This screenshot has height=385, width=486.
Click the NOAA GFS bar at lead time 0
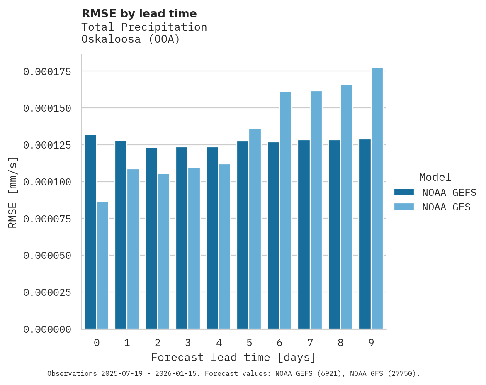tap(102, 265)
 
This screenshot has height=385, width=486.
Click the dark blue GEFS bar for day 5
tap(243, 235)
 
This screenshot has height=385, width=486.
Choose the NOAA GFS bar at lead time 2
tap(163, 251)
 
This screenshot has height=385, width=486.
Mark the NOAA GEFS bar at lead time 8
tap(334, 234)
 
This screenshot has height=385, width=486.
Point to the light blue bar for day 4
tap(224, 246)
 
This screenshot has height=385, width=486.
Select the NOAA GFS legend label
tap(446, 207)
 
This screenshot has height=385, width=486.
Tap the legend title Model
tap(435, 177)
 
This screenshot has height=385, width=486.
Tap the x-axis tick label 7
tap(310, 343)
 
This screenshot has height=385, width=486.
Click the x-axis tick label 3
tap(188, 343)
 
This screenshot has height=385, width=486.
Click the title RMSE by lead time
tap(139, 14)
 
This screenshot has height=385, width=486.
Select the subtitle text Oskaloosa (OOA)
tap(131, 39)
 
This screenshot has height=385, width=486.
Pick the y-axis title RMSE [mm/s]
tap(13, 192)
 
